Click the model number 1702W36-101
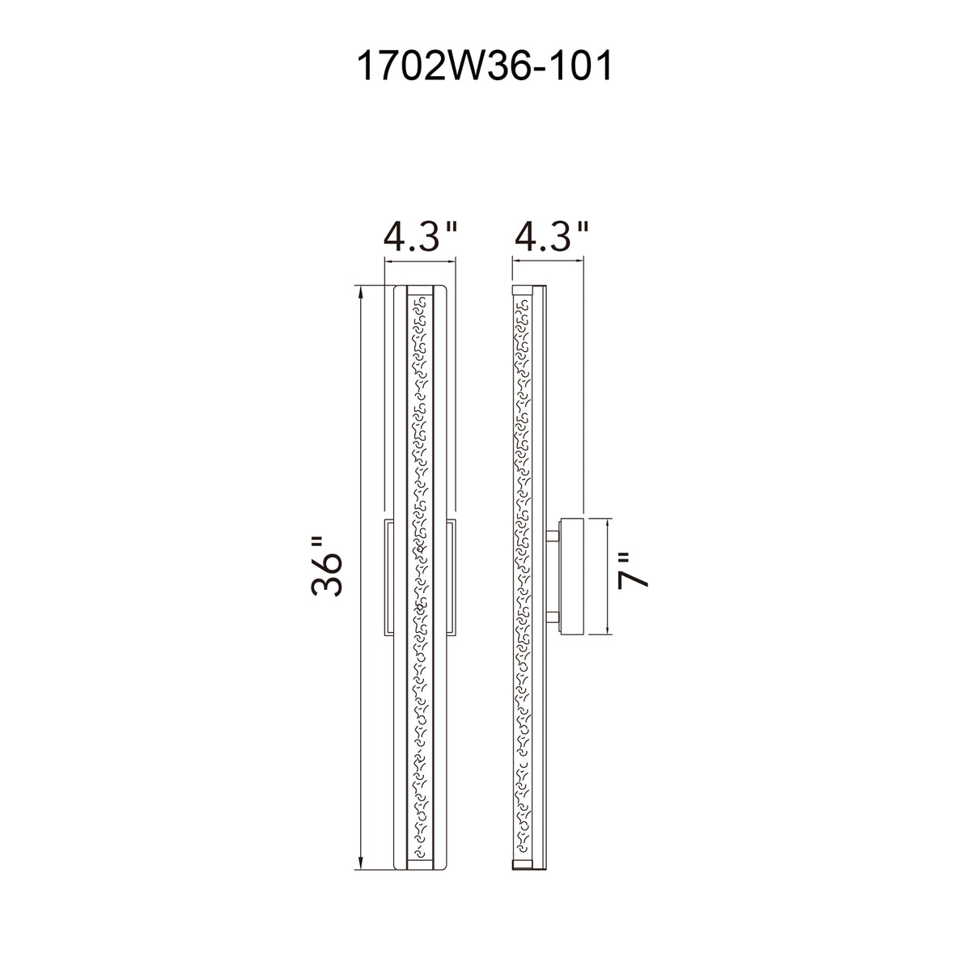pyautogui.click(x=485, y=66)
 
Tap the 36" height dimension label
pyautogui.click(x=327, y=567)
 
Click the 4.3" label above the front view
pyautogui.click(x=420, y=236)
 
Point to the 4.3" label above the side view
pyautogui.click(x=551, y=236)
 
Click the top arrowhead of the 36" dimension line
pyautogui.click(x=360, y=291)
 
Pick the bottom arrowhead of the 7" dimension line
pyautogui.click(x=607, y=629)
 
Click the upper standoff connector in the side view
pyautogui.click(x=553, y=536)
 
